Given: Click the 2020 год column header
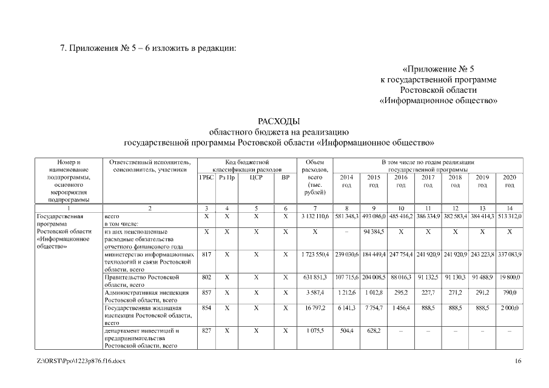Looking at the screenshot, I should tap(510, 181).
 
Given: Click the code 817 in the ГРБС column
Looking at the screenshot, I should tap(206, 255).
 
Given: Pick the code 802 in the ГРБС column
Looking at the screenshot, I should tap(206, 277).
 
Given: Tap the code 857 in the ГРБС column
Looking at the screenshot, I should tap(206, 292).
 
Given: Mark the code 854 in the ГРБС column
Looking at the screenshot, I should tap(206, 308).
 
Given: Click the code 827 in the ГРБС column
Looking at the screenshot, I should tap(206, 330).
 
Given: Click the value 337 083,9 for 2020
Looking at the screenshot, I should tap(510, 255).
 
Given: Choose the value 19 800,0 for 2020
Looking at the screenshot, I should tap(510, 277).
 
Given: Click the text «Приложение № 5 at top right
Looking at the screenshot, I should tap(437, 69).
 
